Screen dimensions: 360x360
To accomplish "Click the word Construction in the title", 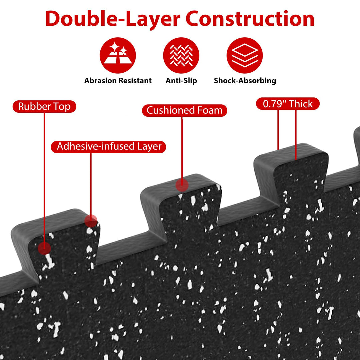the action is click(x=250, y=19).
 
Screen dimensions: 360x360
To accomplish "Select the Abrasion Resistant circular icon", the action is click(x=118, y=55).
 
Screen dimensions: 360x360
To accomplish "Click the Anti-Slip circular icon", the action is click(x=181, y=55).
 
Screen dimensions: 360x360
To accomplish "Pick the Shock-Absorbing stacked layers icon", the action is click(x=245, y=55).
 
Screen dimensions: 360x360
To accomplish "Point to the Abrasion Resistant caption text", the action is click(x=118, y=81).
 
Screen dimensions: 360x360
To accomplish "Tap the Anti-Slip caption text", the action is click(x=181, y=81).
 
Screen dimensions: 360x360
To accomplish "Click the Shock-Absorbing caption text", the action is click(x=245, y=81).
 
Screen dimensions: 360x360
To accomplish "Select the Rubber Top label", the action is click(x=44, y=107).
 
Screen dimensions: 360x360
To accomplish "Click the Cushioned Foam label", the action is click(x=185, y=110).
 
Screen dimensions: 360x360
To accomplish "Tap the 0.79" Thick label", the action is click(x=288, y=104).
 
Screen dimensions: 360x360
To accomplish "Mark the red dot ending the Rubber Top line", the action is click(x=44, y=248).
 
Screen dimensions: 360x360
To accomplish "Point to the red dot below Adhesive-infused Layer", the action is click(x=91, y=221).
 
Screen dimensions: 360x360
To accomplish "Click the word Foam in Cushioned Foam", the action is click(x=210, y=110).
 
